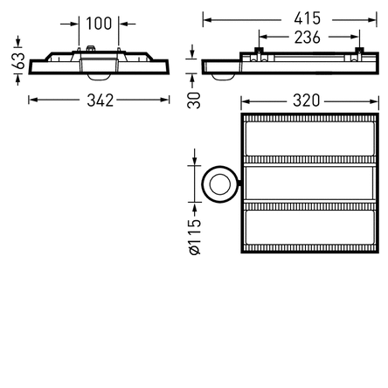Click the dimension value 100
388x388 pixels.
coord(99,24)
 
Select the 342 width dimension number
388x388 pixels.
coord(100,100)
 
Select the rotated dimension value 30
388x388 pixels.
coord(194,99)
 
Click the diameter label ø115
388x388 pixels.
coord(195,237)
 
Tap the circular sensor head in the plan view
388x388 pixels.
coord(218,183)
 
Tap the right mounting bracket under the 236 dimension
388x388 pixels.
coord(357,54)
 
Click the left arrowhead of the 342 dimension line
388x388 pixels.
coord(32,100)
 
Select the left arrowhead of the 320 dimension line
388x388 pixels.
coord(246,100)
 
